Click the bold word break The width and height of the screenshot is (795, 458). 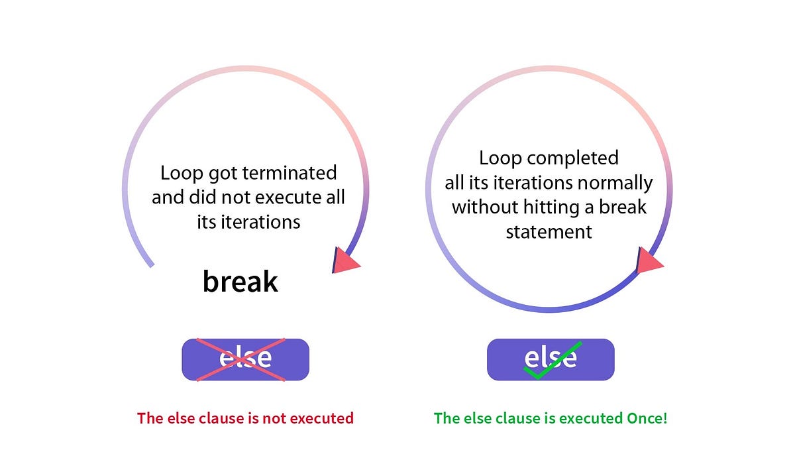click(x=240, y=282)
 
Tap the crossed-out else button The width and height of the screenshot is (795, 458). click(x=245, y=359)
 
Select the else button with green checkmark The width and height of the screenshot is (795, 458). click(x=551, y=359)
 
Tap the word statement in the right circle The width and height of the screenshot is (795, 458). click(x=549, y=231)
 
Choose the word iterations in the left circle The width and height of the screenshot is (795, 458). click(x=259, y=222)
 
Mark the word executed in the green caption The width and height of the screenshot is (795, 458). click(x=583, y=418)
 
